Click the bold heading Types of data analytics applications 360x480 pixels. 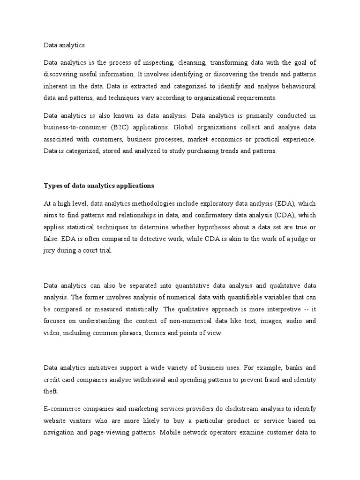click(99, 186)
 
